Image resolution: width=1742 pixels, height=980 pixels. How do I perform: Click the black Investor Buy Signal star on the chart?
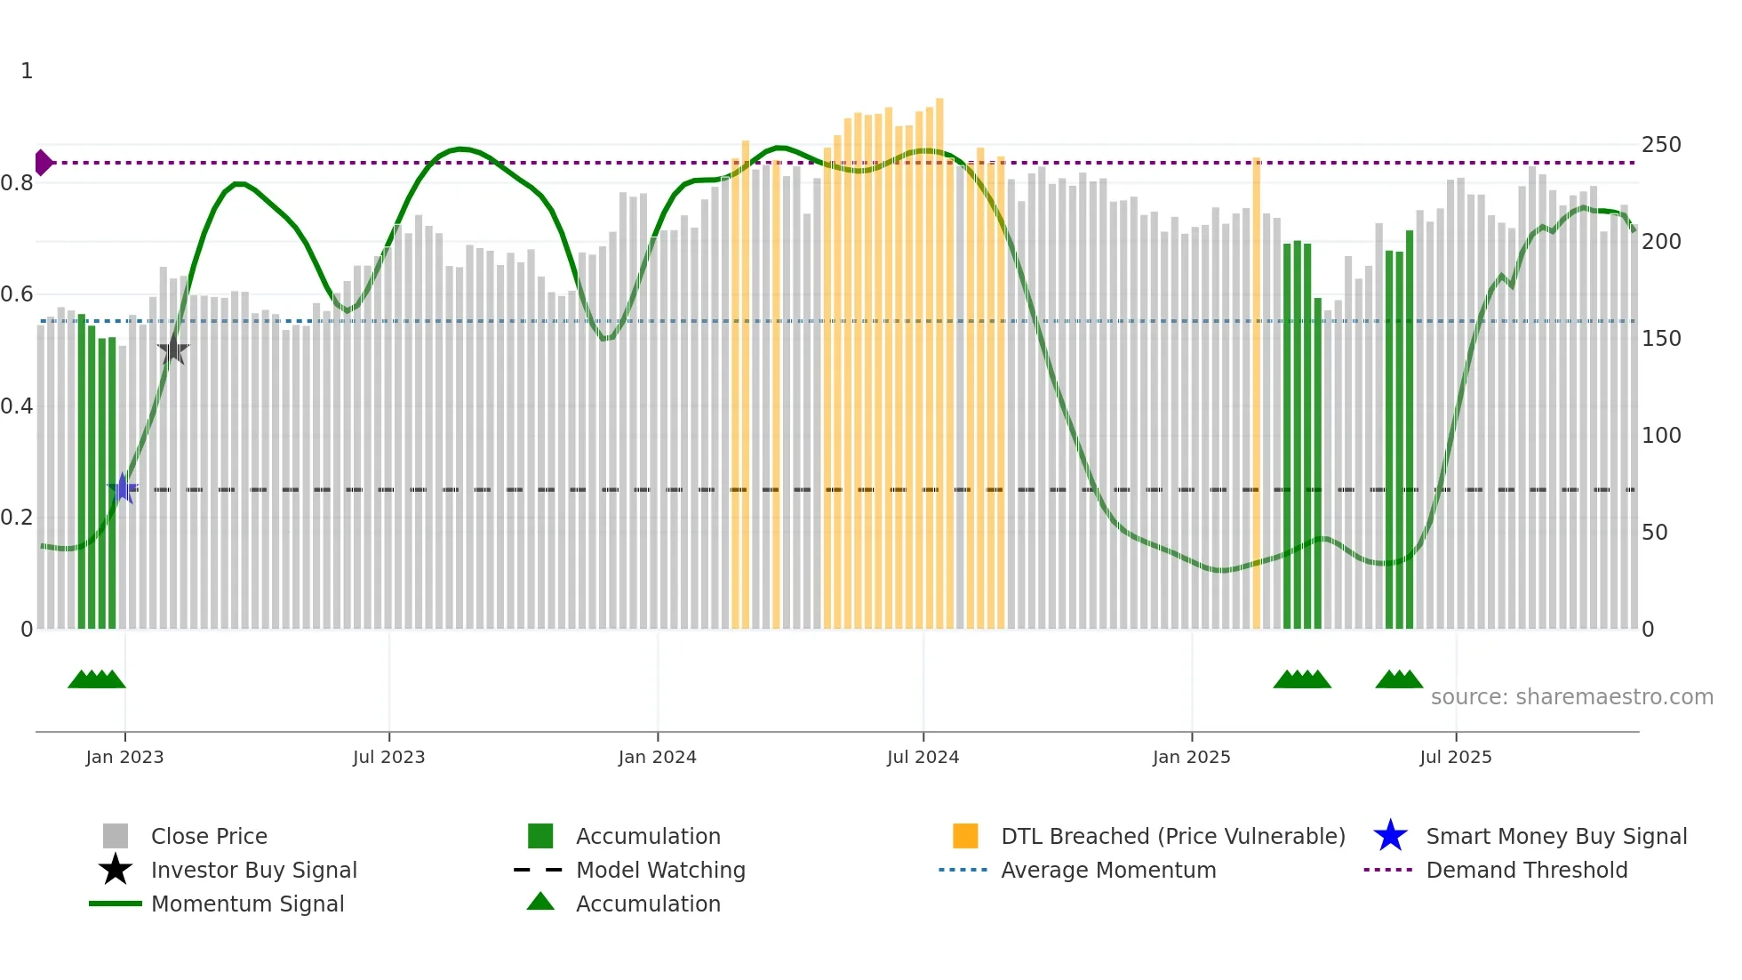coord(173,350)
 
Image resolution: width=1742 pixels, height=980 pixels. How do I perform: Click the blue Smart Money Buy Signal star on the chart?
coord(123,488)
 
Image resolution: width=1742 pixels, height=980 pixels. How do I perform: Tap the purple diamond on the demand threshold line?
coord(43,163)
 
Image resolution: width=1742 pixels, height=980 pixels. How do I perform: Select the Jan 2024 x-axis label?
coord(657,758)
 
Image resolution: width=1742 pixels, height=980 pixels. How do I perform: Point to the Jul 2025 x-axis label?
coord(1455,758)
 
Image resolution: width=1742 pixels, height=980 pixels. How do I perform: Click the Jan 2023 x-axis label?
coord(124,758)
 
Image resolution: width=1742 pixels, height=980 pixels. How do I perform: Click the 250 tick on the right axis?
coord(1661,145)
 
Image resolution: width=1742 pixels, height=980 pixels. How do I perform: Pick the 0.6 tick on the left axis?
coord(18,294)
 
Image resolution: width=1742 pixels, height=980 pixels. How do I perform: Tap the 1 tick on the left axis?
coord(27,71)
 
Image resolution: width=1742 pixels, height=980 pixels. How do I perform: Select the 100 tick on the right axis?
coord(1661,436)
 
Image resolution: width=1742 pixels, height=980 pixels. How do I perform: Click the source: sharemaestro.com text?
coord(1571,697)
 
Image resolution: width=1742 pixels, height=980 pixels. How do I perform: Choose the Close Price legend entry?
coord(209,837)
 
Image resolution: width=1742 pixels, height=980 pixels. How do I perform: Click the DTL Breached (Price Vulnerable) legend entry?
coord(1172,837)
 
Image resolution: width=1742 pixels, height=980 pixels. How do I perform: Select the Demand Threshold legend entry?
coord(1526,871)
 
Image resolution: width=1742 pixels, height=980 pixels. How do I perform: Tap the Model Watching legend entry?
coord(660,871)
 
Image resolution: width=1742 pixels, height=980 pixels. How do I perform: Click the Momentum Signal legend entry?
coord(247,904)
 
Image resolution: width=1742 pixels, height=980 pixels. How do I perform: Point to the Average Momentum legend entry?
coord(1108,871)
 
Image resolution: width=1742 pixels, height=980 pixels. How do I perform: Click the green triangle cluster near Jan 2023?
coord(96,679)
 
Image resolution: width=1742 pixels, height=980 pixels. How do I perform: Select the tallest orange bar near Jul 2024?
coord(939,356)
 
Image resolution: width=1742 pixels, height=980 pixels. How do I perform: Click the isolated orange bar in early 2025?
coord(1256,391)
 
